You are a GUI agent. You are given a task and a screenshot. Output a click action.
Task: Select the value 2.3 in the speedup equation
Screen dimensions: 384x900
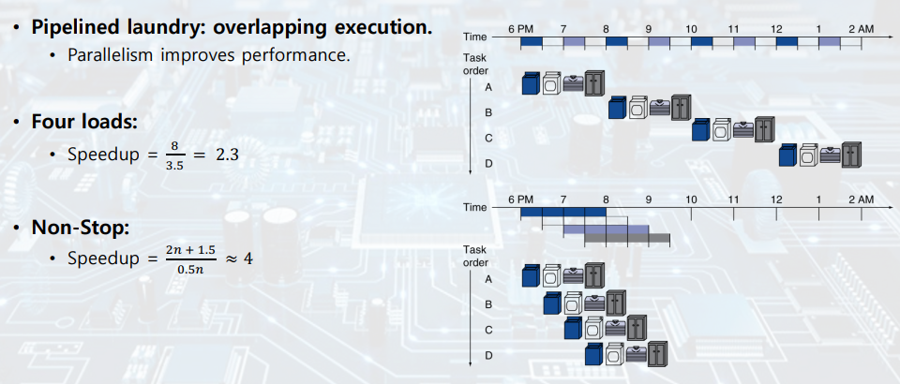(x=228, y=154)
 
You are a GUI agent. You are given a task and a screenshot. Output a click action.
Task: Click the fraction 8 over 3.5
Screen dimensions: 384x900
(x=173, y=154)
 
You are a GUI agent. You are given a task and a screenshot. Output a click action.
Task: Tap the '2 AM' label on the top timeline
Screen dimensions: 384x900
(x=860, y=30)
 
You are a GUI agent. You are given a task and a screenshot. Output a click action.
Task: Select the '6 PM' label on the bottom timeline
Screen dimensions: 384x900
(x=520, y=200)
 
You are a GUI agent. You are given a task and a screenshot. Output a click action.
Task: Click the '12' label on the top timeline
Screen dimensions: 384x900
(x=776, y=30)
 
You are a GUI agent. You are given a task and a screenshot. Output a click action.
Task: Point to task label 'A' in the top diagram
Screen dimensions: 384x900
(x=488, y=86)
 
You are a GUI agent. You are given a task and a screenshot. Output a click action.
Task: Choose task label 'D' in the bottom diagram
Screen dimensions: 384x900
(x=488, y=355)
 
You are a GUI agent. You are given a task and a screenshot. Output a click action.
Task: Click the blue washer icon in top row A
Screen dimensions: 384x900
(x=532, y=84)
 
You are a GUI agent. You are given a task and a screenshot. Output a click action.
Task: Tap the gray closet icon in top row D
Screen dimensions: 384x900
(x=851, y=155)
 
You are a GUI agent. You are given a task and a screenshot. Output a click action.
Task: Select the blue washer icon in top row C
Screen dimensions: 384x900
(x=700, y=130)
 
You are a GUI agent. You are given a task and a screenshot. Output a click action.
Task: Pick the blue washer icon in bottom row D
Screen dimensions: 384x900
(x=593, y=354)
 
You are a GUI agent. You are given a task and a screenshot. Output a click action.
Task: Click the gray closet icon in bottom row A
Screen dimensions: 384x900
(x=595, y=275)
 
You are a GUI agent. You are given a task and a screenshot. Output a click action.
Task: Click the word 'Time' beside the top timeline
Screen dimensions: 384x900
(x=475, y=37)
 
